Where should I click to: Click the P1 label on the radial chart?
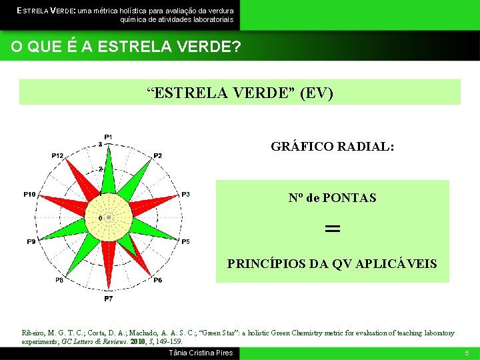pos(108,137)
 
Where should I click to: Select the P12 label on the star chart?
pos(58,156)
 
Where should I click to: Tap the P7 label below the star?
pos(108,299)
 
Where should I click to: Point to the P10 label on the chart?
pos(29,195)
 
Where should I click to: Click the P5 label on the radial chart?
pos(185,241)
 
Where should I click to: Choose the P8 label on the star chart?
pos(59,280)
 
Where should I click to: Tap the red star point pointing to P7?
pos(108,267)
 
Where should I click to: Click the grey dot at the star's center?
pos(108,217)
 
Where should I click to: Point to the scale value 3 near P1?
pos(101,144)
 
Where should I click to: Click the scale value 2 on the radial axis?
pos(101,169)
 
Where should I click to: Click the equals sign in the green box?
pos(332,229)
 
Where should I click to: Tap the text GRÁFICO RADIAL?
pos(332,147)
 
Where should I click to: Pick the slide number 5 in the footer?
pos(467,353)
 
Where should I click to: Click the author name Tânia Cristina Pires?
pos(201,353)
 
